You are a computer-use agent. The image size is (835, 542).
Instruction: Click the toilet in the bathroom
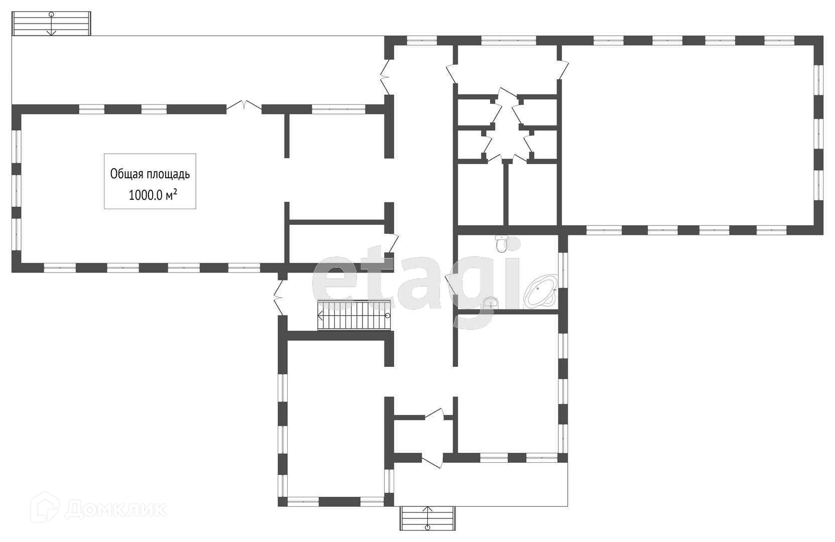click(x=501, y=244)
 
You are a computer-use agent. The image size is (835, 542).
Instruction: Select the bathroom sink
click(x=491, y=302)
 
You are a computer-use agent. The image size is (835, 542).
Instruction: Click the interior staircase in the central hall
click(x=354, y=315)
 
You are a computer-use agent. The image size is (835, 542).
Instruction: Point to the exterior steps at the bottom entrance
click(x=427, y=518)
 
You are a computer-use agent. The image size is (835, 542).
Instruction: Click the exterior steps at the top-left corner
click(x=51, y=23)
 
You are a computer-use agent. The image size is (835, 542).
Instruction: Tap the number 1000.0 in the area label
click(x=146, y=196)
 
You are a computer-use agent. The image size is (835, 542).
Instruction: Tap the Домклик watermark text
click(x=115, y=510)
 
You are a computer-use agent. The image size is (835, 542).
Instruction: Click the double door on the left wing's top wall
click(x=244, y=106)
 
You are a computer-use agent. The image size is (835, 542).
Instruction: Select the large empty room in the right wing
click(x=688, y=135)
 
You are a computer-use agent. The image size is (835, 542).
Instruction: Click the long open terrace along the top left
click(x=196, y=70)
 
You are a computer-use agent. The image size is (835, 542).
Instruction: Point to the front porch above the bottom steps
click(x=481, y=484)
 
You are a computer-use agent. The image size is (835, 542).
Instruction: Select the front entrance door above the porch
click(x=432, y=459)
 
